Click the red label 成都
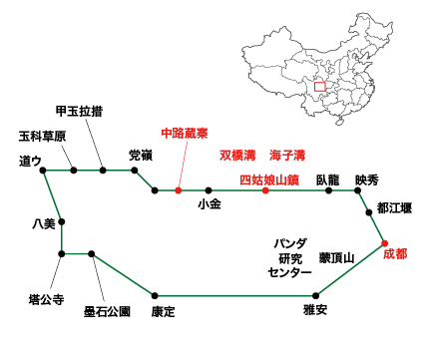coord(395,254)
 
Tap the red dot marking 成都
coord(383,243)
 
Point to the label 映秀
coord(366,180)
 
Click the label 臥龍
coord(328,180)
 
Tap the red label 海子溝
coord(287,156)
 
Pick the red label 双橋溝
coord(237,156)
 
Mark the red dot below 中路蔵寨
coord(178,189)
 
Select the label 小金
coord(209,204)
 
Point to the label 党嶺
coord(141,155)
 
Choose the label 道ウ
coord(29,160)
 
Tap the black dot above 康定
coord(154,295)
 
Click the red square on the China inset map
coord(319,87)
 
